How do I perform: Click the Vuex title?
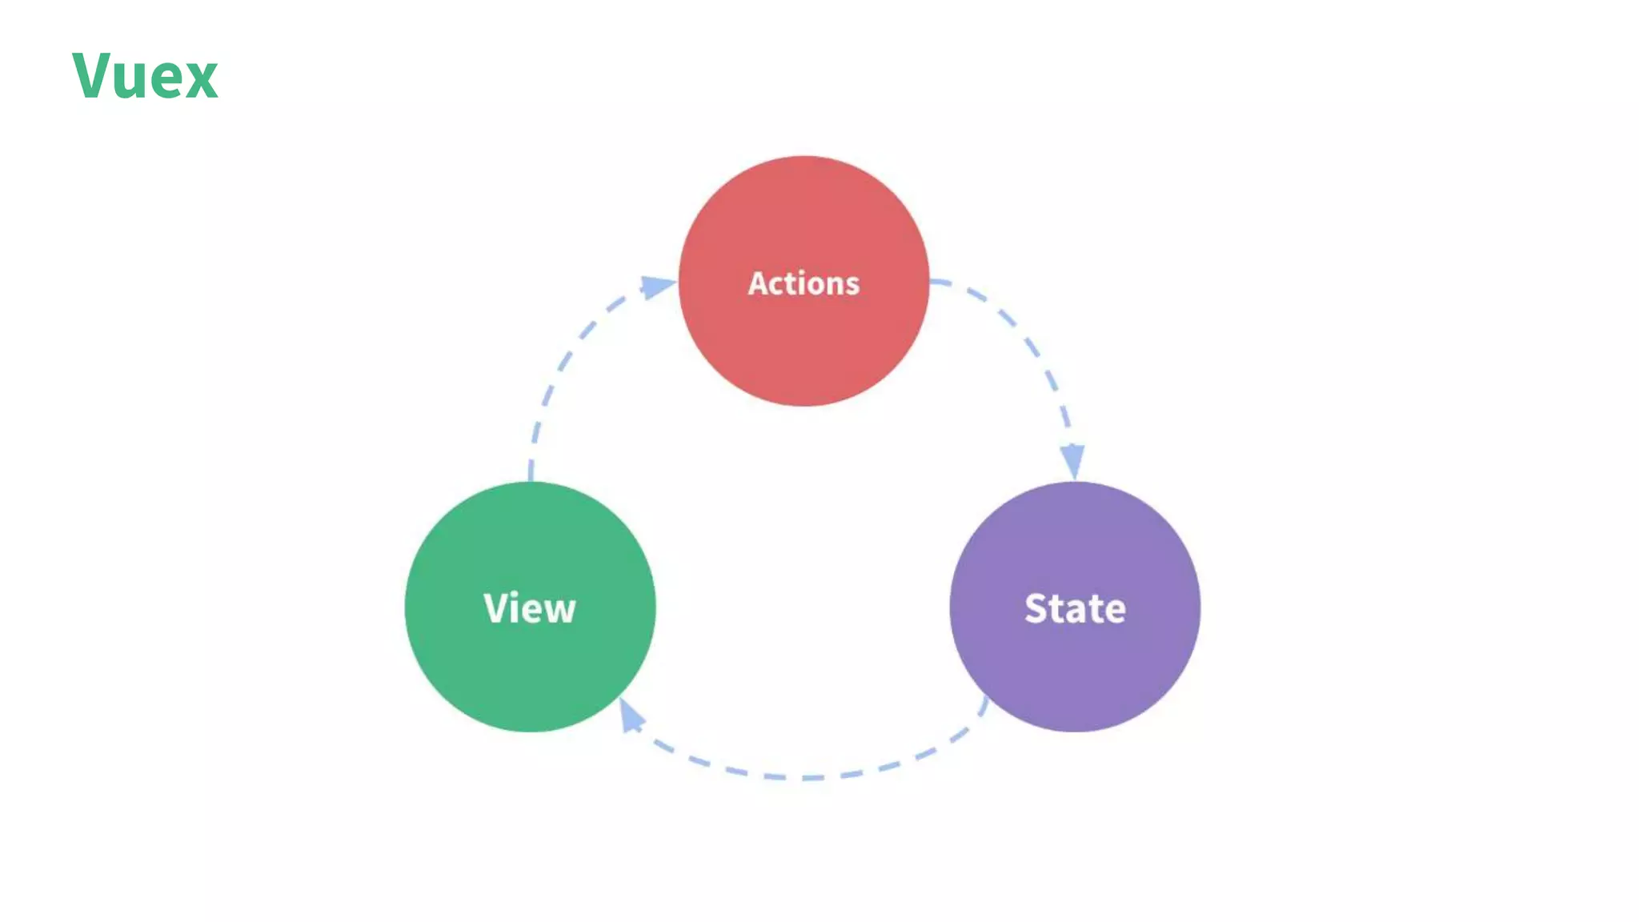coord(145,76)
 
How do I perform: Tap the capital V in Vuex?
coord(90,75)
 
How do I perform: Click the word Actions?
coord(803,283)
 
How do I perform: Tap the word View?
coord(530,608)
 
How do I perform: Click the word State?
coord(1075,608)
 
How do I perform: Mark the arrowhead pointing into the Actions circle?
coord(659,286)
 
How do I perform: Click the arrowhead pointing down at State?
coord(1072,461)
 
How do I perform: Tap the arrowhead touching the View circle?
coord(631,714)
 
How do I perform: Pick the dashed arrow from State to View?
coord(808,777)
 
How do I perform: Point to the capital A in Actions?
coord(757,283)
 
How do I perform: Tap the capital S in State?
coord(1037,608)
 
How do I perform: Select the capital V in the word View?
coord(495,607)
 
